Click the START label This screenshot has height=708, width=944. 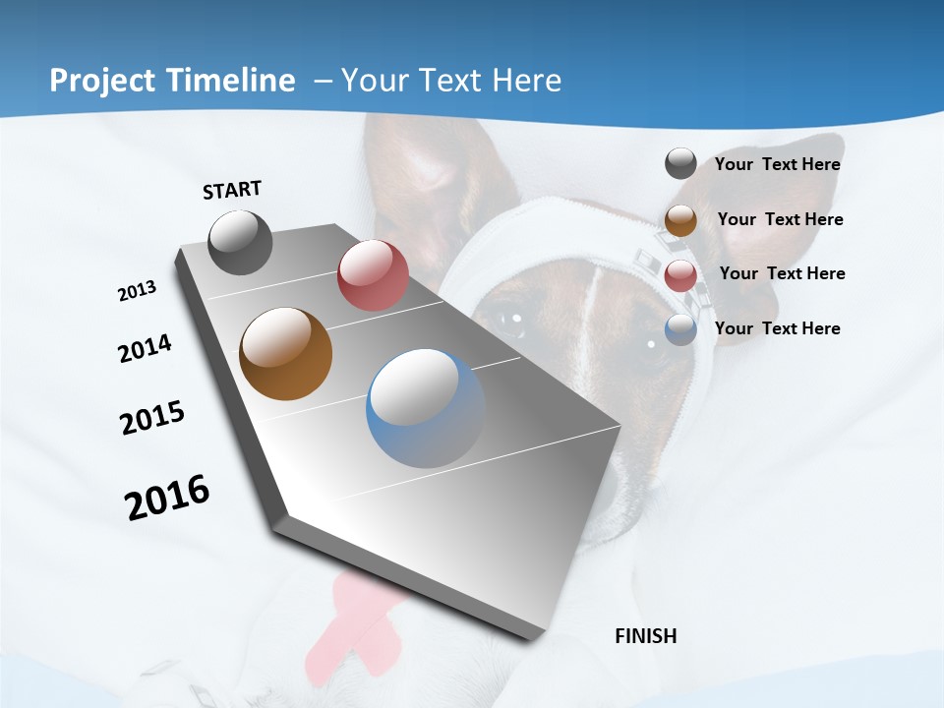pyautogui.click(x=232, y=190)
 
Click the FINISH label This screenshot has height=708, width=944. pyautogui.click(x=645, y=636)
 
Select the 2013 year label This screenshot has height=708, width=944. pyautogui.click(x=137, y=291)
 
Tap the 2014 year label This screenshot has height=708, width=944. pyautogui.click(x=145, y=348)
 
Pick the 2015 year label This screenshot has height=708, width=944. pyautogui.click(x=152, y=418)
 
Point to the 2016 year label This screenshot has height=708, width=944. pyautogui.click(x=167, y=498)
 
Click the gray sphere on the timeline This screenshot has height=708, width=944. pyautogui.click(x=240, y=242)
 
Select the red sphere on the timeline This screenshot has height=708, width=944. pyautogui.click(x=373, y=275)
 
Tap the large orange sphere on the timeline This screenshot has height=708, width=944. pyautogui.click(x=285, y=354)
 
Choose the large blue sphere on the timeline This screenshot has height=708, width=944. pyautogui.click(x=425, y=408)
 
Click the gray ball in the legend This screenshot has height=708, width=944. pyautogui.click(x=680, y=163)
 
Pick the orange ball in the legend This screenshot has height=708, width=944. pyautogui.click(x=680, y=220)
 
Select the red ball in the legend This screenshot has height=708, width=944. pyautogui.click(x=680, y=275)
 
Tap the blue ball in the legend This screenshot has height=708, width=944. pyautogui.click(x=680, y=329)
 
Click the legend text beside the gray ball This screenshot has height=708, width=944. pyautogui.click(x=777, y=164)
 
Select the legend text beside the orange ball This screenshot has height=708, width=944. pyautogui.click(x=780, y=219)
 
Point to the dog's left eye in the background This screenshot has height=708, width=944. pyautogui.click(x=512, y=319)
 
